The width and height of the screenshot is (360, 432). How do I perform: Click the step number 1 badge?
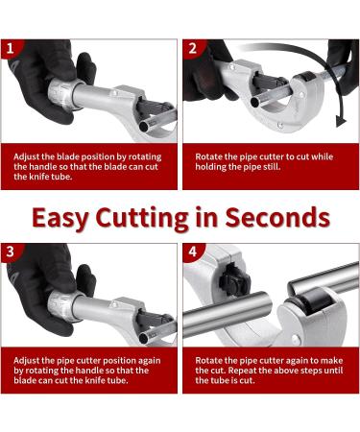click(x=11, y=48)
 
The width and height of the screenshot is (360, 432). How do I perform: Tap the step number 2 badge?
click(x=193, y=48)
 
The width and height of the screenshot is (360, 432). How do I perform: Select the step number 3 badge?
click(x=11, y=252)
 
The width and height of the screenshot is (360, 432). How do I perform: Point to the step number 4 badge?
click(x=193, y=252)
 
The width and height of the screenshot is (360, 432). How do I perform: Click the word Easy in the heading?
click(x=60, y=218)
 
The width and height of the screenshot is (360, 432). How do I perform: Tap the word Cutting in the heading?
click(x=142, y=219)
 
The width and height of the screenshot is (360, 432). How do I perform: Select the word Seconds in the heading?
click(x=277, y=217)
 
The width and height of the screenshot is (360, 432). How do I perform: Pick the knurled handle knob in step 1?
click(x=62, y=93)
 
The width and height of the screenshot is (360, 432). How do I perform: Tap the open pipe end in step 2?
click(x=255, y=102)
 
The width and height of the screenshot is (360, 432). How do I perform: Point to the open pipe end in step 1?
click(x=144, y=127)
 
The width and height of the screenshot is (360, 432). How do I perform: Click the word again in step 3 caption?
click(x=150, y=361)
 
